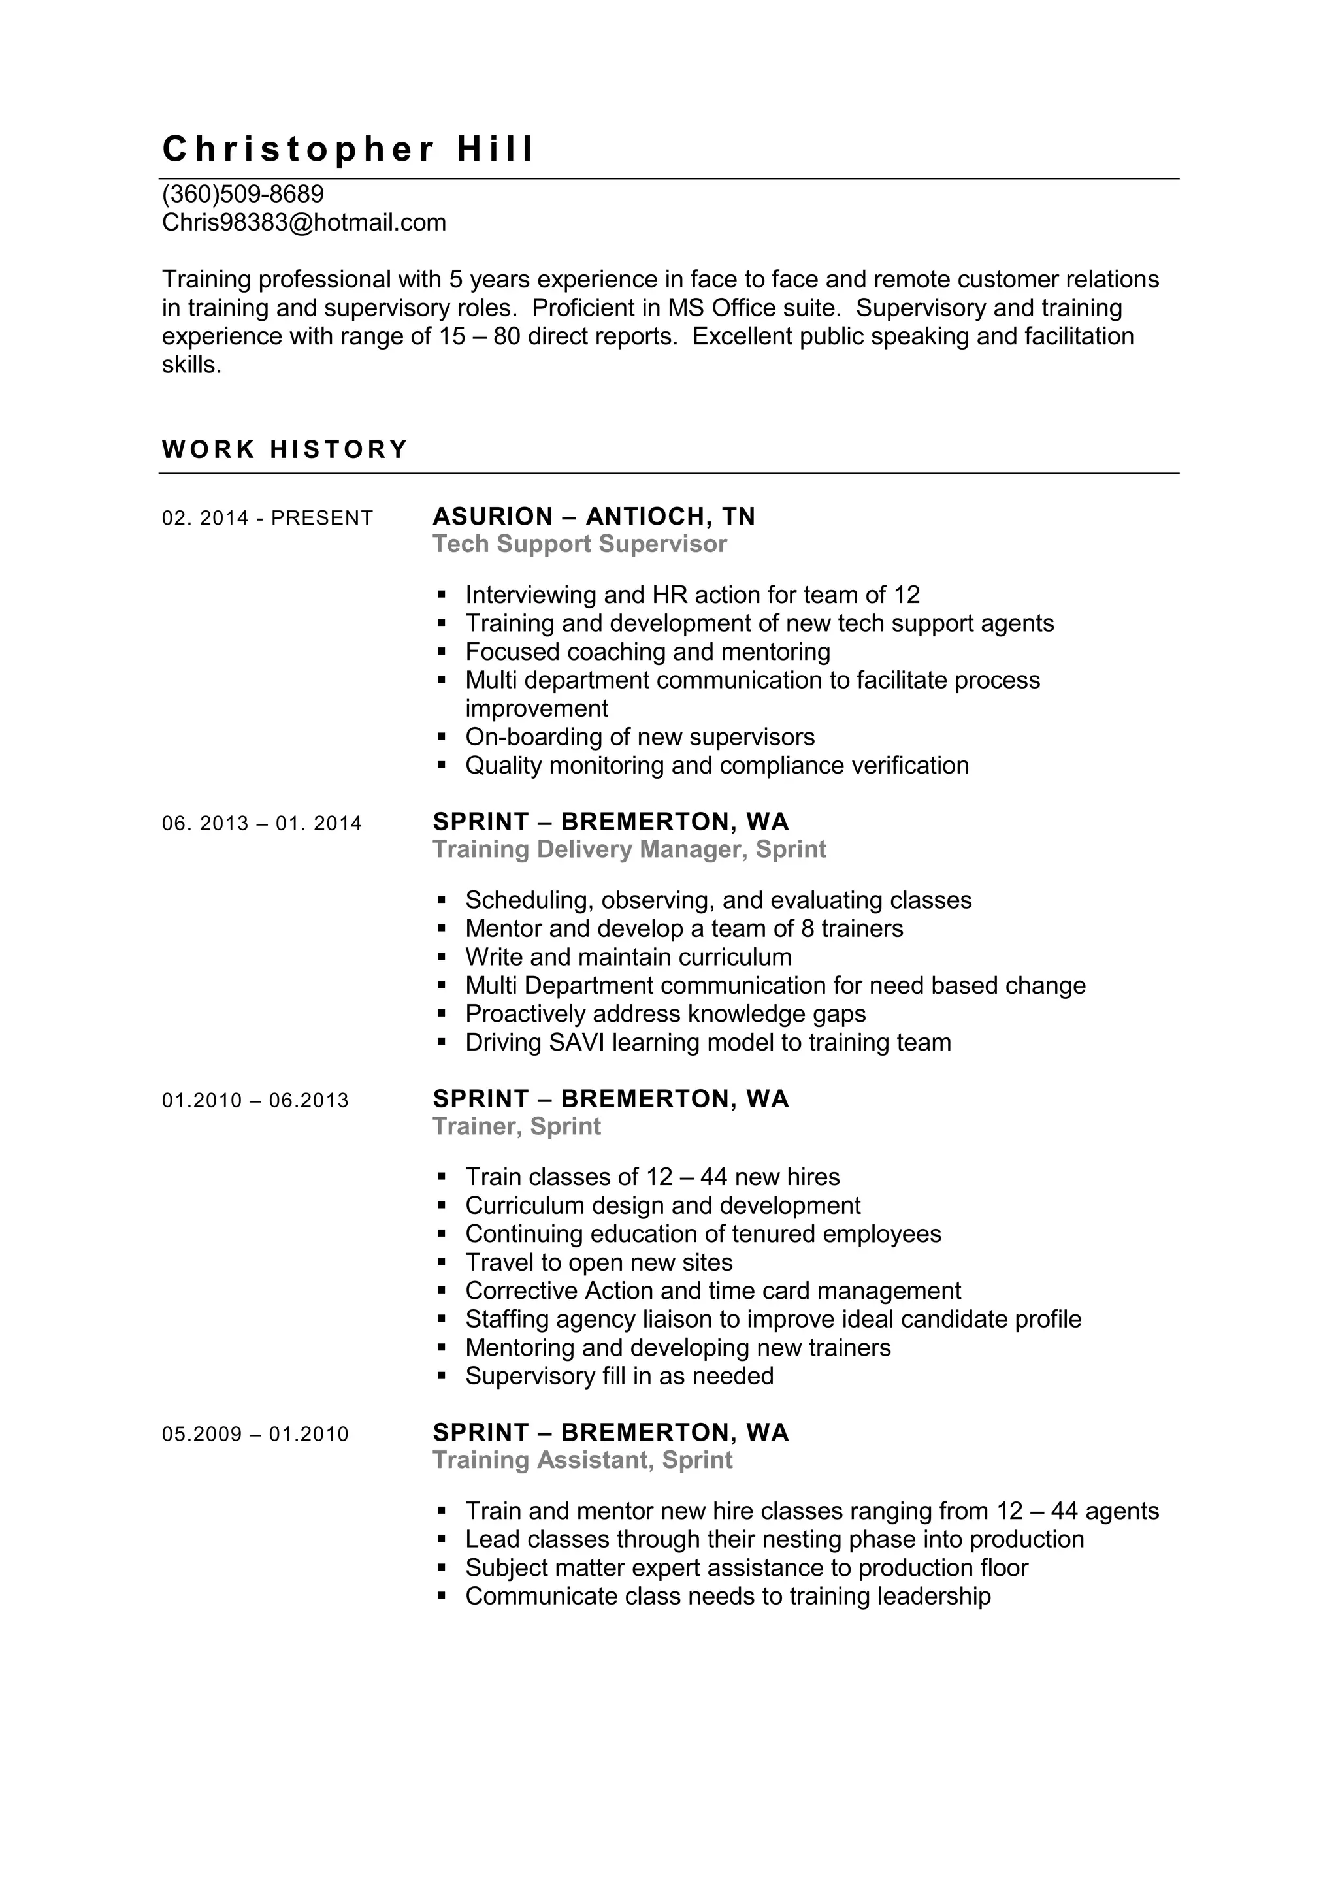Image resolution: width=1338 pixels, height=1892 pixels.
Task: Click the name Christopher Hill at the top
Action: [348, 149]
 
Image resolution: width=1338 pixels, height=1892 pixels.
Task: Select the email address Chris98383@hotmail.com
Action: [304, 223]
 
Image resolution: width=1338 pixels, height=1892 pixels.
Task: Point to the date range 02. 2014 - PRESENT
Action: [268, 518]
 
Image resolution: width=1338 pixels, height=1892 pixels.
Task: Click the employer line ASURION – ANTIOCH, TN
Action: [594, 517]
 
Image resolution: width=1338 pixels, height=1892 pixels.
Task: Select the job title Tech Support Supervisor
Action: [580, 544]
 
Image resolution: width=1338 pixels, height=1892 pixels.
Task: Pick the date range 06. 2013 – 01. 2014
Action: [262, 823]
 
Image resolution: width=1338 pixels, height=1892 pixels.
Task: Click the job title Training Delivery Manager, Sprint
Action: [629, 849]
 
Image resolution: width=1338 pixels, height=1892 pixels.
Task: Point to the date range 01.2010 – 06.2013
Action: [255, 1100]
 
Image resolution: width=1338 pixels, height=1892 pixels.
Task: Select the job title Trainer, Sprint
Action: [517, 1126]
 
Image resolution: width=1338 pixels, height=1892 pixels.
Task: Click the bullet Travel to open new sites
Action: [599, 1262]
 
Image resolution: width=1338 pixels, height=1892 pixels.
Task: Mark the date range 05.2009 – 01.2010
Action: [255, 1434]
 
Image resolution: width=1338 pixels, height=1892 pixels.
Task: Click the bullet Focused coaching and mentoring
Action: [647, 652]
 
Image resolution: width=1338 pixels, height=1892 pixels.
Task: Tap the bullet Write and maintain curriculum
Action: [628, 956]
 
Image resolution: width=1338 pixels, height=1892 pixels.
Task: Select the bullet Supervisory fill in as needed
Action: [619, 1376]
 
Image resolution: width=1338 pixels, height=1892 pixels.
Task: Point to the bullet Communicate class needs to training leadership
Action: [728, 1596]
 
